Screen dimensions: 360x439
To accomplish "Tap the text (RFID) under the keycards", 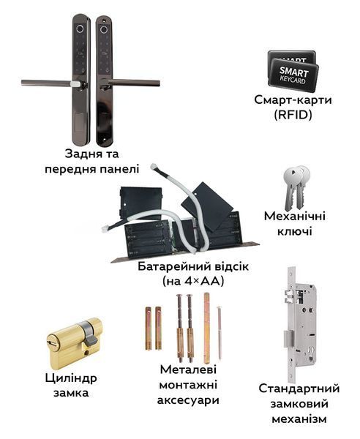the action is [293, 115].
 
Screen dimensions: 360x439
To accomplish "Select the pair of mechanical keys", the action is [296, 187].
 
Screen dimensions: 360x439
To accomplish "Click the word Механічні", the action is [295, 216].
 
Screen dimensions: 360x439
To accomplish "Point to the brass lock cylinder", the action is [75, 344].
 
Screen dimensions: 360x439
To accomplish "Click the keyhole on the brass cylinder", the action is [52, 342].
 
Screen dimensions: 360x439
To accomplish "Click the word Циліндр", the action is [71, 378].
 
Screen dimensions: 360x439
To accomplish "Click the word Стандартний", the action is [299, 389].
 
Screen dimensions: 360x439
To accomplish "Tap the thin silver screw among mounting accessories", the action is [220, 333].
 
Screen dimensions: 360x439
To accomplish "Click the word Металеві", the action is [188, 369].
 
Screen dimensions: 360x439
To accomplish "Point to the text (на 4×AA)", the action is [193, 282].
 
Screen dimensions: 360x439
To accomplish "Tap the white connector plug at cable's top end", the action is [154, 167].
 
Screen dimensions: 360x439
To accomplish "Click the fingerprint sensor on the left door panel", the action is [80, 29].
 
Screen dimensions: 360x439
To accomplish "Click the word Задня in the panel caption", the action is [80, 154].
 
